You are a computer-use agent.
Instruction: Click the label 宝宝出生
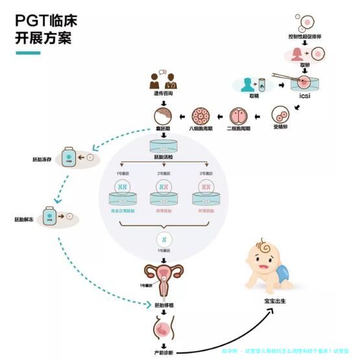274,300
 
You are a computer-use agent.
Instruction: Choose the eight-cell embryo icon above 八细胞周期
200,117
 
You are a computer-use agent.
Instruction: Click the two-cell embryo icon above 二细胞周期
239,117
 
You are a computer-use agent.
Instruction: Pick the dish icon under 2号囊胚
163,192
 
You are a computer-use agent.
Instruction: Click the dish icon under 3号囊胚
207,192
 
